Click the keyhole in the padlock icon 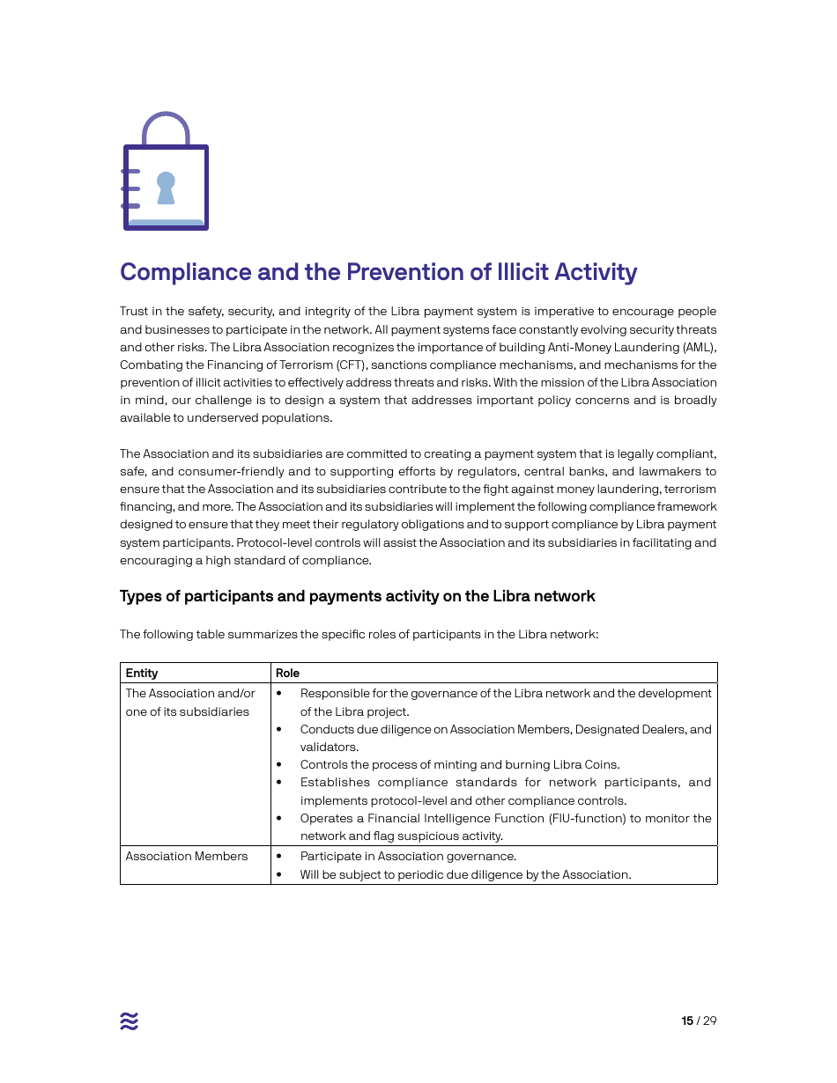coord(166,188)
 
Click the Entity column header coord(142,673)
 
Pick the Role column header coord(287,673)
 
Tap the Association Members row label coord(187,856)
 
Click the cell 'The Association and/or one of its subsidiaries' coord(190,703)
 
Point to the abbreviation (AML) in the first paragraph coord(699,347)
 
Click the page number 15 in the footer coord(687,1020)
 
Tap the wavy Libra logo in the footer coord(130,1020)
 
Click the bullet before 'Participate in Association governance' coord(279,856)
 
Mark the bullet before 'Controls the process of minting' coord(279,764)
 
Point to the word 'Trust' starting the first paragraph coord(135,312)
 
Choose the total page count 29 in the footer coord(709,1020)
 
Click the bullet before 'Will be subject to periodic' coord(279,874)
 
